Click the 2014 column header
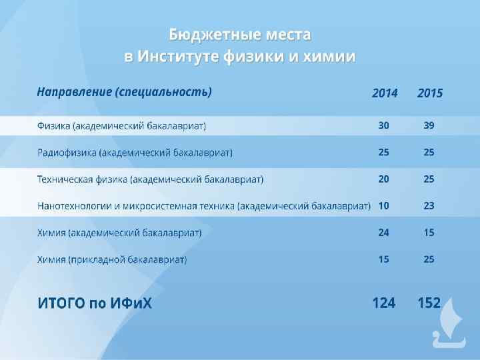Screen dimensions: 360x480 coord(385,93)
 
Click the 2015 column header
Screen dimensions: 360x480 coord(429,93)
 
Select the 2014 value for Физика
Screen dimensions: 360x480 coord(384,125)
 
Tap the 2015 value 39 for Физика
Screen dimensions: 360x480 coord(429,125)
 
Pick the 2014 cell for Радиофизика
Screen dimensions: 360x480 coord(384,152)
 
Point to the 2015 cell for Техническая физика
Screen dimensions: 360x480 coord(429,179)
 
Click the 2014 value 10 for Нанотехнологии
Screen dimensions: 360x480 coord(384,205)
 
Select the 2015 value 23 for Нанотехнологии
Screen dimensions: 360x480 coord(429,205)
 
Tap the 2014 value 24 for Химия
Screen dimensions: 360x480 coord(384,233)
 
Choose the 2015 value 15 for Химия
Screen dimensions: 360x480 coord(429,233)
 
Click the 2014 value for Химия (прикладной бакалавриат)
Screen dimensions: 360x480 coord(384,259)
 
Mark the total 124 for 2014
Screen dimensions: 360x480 coord(383,303)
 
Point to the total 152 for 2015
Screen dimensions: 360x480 coord(429,303)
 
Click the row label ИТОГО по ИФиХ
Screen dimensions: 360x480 coord(95,303)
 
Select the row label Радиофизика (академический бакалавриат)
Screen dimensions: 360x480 coord(135,153)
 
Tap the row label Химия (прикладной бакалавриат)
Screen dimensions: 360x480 coord(112,259)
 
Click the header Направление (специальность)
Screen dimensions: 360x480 coord(124,92)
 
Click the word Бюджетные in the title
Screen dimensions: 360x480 coord(203,34)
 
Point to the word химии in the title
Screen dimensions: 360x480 coord(328,57)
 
